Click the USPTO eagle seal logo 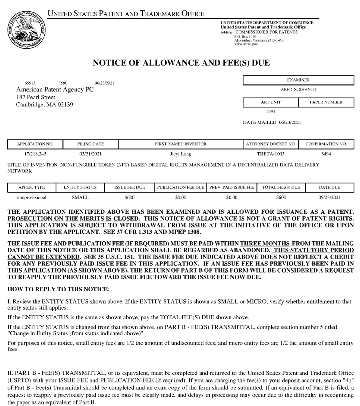tap(26, 30)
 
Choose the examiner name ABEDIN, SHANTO tap(298, 90)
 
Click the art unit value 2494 tap(270, 112)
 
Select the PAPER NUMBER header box tap(326, 102)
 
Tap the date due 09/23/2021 tap(330, 197)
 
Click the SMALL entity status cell tap(80, 197)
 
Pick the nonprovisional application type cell tap(32, 197)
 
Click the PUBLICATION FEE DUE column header tap(180, 187)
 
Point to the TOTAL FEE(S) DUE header tap(281, 187)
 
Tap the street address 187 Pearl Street tap(36, 97)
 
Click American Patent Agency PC tap(55, 90)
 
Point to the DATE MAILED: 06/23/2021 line tap(272, 122)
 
